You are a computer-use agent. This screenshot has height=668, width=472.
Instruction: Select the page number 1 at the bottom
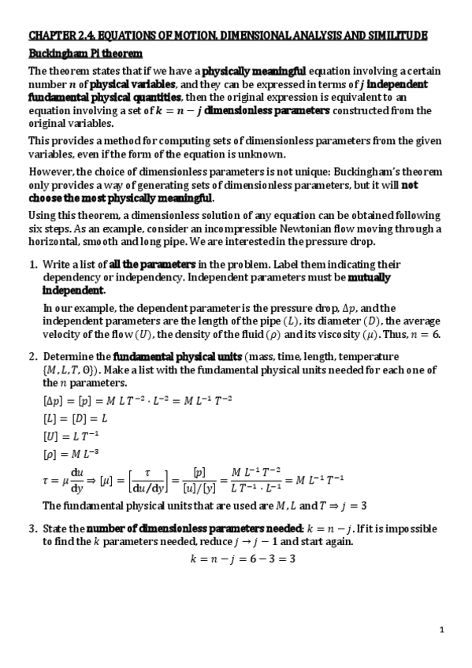click(x=442, y=629)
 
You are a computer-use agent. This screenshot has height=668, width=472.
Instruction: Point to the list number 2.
click(x=32, y=358)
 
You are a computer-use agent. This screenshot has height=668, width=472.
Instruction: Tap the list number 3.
click(x=32, y=528)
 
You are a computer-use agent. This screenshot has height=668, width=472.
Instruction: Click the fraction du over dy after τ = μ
click(x=77, y=479)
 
